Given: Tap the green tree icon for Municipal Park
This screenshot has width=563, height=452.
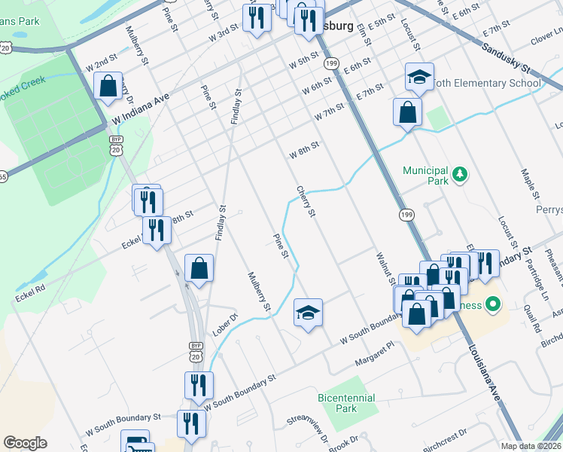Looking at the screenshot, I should [x=459, y=176].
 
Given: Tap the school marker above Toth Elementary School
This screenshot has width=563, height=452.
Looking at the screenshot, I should [x=419, y=76].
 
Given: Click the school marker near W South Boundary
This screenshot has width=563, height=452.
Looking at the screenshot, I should [x=307, y=313].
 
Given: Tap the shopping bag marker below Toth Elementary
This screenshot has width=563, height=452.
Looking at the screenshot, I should [x=407, y=112].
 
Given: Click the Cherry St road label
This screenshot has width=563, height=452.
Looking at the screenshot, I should [x=306, y=202].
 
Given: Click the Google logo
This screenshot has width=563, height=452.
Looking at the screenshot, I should [x=25, y=443].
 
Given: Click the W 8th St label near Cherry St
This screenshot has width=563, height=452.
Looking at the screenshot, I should [x=305, y=150].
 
